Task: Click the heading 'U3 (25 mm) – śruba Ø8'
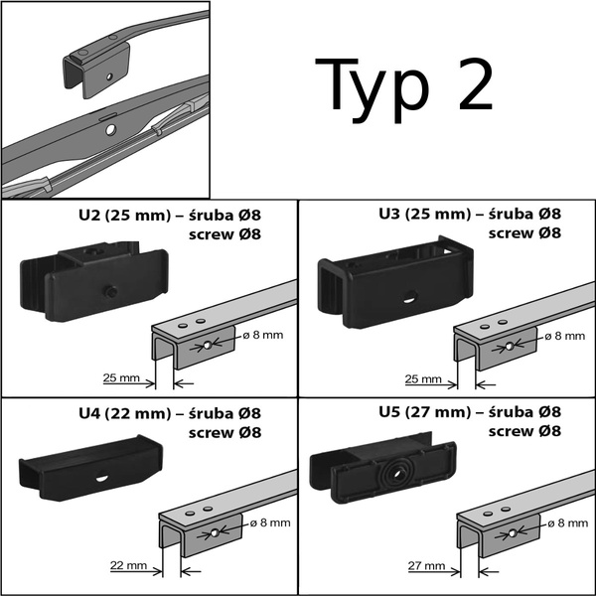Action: pos(470,215)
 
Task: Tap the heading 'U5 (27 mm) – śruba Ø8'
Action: pos(470,413)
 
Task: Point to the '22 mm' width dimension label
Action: pos(130,565)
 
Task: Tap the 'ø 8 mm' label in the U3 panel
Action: pos(564,335)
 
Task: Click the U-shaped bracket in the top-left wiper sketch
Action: pos(99,65)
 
